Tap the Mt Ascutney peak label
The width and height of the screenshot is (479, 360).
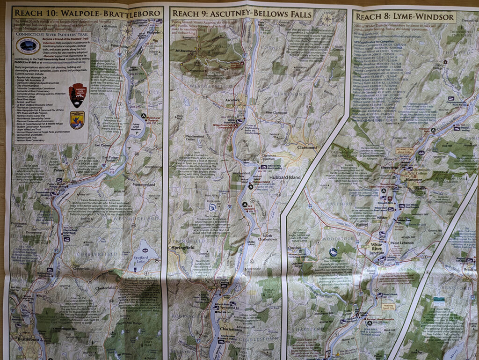184,50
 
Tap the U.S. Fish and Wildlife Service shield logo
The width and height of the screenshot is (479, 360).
77,119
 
